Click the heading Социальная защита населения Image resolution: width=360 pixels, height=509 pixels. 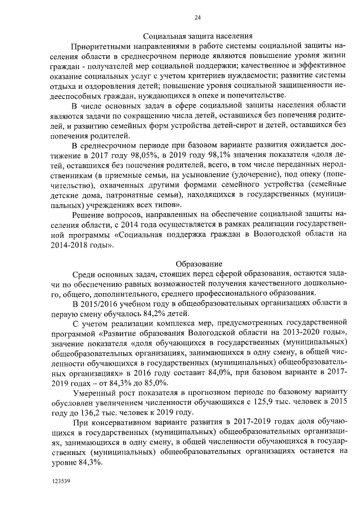coord(197,35)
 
